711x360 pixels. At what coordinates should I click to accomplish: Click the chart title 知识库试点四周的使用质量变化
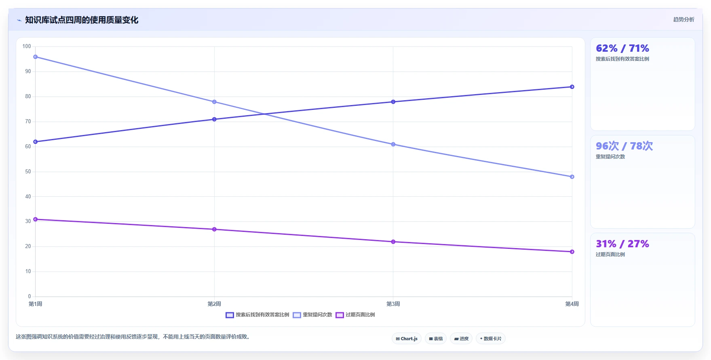[82, 20]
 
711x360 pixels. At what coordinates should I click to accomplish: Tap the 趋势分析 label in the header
[684, 19]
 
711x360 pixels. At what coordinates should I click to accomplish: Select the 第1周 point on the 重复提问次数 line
[36, 57]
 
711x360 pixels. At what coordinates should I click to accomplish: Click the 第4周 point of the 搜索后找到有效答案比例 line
[572, 87]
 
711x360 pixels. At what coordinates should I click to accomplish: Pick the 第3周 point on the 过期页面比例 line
[393, 242]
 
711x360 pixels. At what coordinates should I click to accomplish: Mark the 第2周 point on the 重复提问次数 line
[214, 102]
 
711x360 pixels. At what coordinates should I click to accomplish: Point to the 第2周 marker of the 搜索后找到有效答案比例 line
[214, 119]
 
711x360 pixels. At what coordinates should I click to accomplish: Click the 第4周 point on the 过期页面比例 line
[572, 252]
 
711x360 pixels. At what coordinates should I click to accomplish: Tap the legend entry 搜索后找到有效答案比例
[257, 315]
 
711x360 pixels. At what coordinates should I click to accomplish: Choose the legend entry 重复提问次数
[312, 315]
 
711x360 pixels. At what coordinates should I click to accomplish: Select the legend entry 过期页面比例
[355, 315]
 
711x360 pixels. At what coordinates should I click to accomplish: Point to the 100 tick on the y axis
[27, 46]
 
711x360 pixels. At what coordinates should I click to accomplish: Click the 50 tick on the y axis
[28, 172]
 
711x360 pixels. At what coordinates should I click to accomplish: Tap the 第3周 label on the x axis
[393, 304]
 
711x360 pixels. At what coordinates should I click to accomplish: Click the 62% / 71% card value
[622, 48]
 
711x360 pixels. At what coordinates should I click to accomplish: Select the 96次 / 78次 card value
[624, 146]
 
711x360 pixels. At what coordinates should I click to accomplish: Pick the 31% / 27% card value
[622, 244]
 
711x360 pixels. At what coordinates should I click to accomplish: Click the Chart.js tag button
[407, 339]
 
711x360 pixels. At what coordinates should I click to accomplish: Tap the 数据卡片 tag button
[491, 339]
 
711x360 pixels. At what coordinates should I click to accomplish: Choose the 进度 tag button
[461, 339]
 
